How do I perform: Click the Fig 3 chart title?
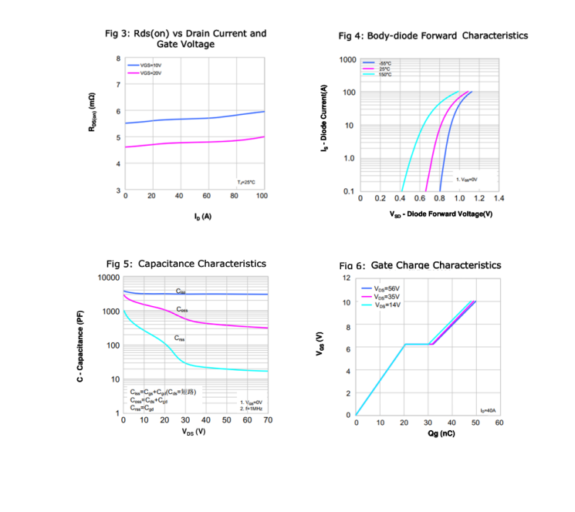[185, 39]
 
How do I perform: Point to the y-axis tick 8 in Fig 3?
[118, 59]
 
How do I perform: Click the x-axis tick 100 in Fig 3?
[262, 197]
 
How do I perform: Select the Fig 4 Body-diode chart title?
[433, 35]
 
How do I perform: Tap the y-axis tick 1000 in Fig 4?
[347, 60]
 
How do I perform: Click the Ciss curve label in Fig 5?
[181, 291]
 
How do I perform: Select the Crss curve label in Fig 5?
[179, 338]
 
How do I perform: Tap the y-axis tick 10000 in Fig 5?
[109, 278]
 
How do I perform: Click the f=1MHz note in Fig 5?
[252, 408]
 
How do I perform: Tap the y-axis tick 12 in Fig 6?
[347, 277]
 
